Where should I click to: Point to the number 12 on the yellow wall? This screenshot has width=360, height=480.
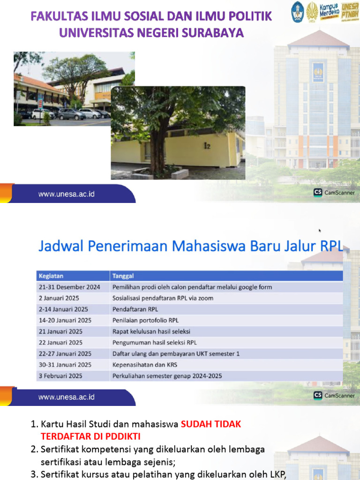click(207, 146)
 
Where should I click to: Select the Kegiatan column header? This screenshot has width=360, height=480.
click(52, 276)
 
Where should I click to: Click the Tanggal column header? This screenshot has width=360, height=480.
click(123, 276)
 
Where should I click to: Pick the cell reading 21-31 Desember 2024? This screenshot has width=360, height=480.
click(69, 287)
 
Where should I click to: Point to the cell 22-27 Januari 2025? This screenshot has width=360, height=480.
click(65, 353)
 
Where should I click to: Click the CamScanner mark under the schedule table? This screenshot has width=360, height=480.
click(334, 396)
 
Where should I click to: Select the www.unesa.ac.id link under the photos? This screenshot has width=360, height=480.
click(67, 194)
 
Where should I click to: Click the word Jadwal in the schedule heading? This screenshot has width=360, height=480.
click(59, 246)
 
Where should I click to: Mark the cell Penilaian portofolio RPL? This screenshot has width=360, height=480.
click(145, 320)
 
